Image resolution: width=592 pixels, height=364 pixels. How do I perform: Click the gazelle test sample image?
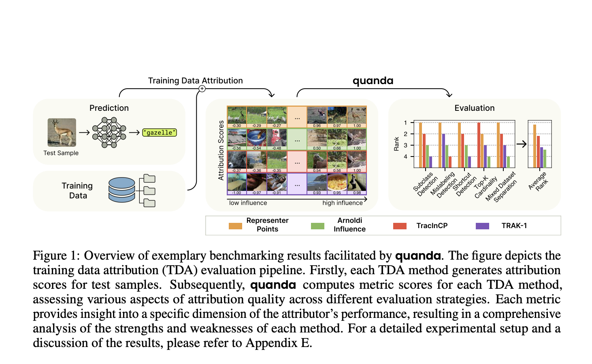[x=62, y=132]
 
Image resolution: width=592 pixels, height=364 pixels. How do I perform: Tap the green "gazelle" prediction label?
[x=160, y=132]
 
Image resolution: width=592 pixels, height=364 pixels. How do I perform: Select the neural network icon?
[x=109, y=132]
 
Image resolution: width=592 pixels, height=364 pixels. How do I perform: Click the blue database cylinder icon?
[x=121, y=190]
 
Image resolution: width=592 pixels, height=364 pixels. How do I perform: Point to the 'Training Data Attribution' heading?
[x=195, y=80]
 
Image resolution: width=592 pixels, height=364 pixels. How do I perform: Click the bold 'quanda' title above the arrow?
[x=373, y=80]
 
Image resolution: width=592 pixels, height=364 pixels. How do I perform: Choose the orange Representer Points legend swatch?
[x=235, y=226]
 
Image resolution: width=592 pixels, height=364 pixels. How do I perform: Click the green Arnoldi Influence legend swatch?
[x=317, y=226]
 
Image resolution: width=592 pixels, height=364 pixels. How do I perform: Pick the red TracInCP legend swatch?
[x=400, y=226]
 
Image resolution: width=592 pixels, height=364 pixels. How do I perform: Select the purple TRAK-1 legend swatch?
[x=482, y=226]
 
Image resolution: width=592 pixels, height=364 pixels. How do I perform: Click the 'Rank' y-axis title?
[x=396, y=144]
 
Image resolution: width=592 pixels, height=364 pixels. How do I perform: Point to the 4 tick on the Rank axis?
[x=405, y=157]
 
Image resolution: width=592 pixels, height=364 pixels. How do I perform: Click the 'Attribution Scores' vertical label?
[x=221, y=150]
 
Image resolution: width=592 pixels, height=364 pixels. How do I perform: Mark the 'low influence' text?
[x=248, y=203]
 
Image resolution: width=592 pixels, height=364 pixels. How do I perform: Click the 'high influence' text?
[x=342, y=203]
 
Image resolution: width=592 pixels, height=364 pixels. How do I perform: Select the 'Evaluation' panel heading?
[x=474, y=108]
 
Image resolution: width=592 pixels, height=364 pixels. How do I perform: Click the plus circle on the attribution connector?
[x=202, y=89]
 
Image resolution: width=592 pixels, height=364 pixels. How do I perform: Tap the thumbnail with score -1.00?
[x=237, y=183]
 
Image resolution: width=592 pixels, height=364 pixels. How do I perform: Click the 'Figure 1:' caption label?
[x=56, y=256]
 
